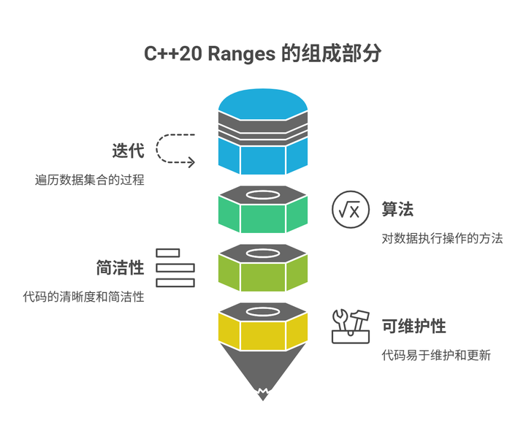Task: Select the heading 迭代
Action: pyautogui.click(x=128, y=151)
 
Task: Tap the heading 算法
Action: pyautogui.click(x=397, y=209)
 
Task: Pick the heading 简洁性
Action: pyautogui.click(x=120, y=267)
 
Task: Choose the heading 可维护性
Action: pyautogui.click(x=413, y=326)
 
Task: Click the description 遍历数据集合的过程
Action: pyautogui.click(x=89, y=180)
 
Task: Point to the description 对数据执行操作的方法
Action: pyautogui.click(x=442, y=238)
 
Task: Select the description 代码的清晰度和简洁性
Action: pyautogui.click(x=83, y=297)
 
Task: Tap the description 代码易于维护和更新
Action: pyautogui.click(x=436, y=355)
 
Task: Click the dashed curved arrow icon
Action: pyautogui.click(x=177, y=150)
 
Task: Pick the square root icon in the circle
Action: pyautogui.click(x=348, y=210)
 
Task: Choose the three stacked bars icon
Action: pyautogui.click(x=175, y=267)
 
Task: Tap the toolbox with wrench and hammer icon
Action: pyautogui.click(x=351, y=326)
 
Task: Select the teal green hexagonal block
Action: pyautogui.click(x=263, y=216)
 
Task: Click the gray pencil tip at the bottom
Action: pyautogui.click(x=262, y=380)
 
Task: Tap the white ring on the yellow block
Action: pyautogui.click(x=263, y=311)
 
